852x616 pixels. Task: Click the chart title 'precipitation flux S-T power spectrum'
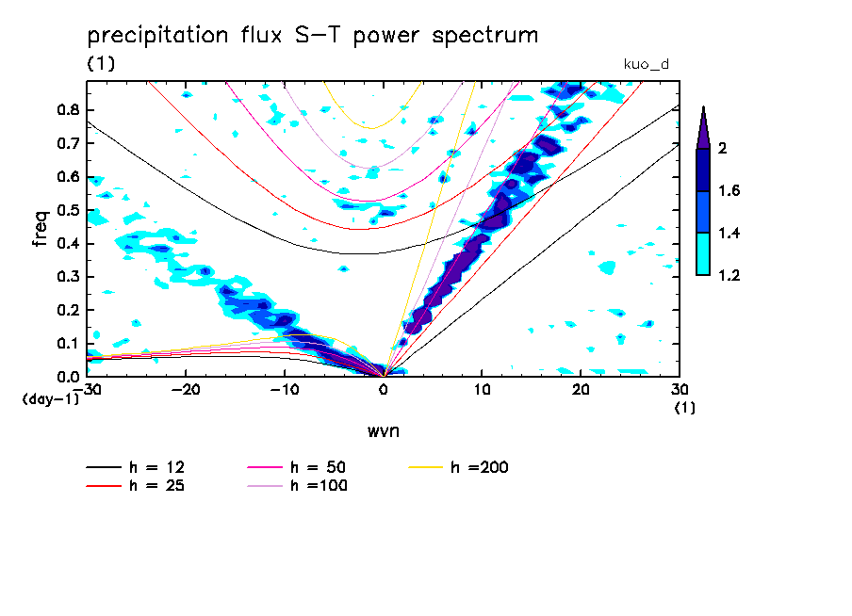312,37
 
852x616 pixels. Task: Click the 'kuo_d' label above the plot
646,64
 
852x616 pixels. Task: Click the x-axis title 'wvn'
383,430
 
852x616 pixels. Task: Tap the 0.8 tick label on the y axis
66,109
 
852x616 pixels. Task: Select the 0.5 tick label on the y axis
66,210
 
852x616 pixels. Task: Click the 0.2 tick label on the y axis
66,310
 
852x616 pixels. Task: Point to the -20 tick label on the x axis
186,389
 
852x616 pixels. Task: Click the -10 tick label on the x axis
285,389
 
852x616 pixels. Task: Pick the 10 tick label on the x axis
482,389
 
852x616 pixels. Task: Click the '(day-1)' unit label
50,399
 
